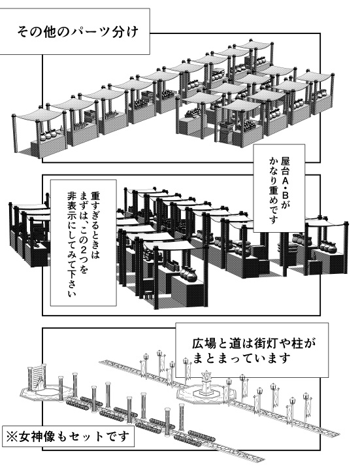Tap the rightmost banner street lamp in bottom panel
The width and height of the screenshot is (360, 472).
pyautogui.click(x=304, y=403)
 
